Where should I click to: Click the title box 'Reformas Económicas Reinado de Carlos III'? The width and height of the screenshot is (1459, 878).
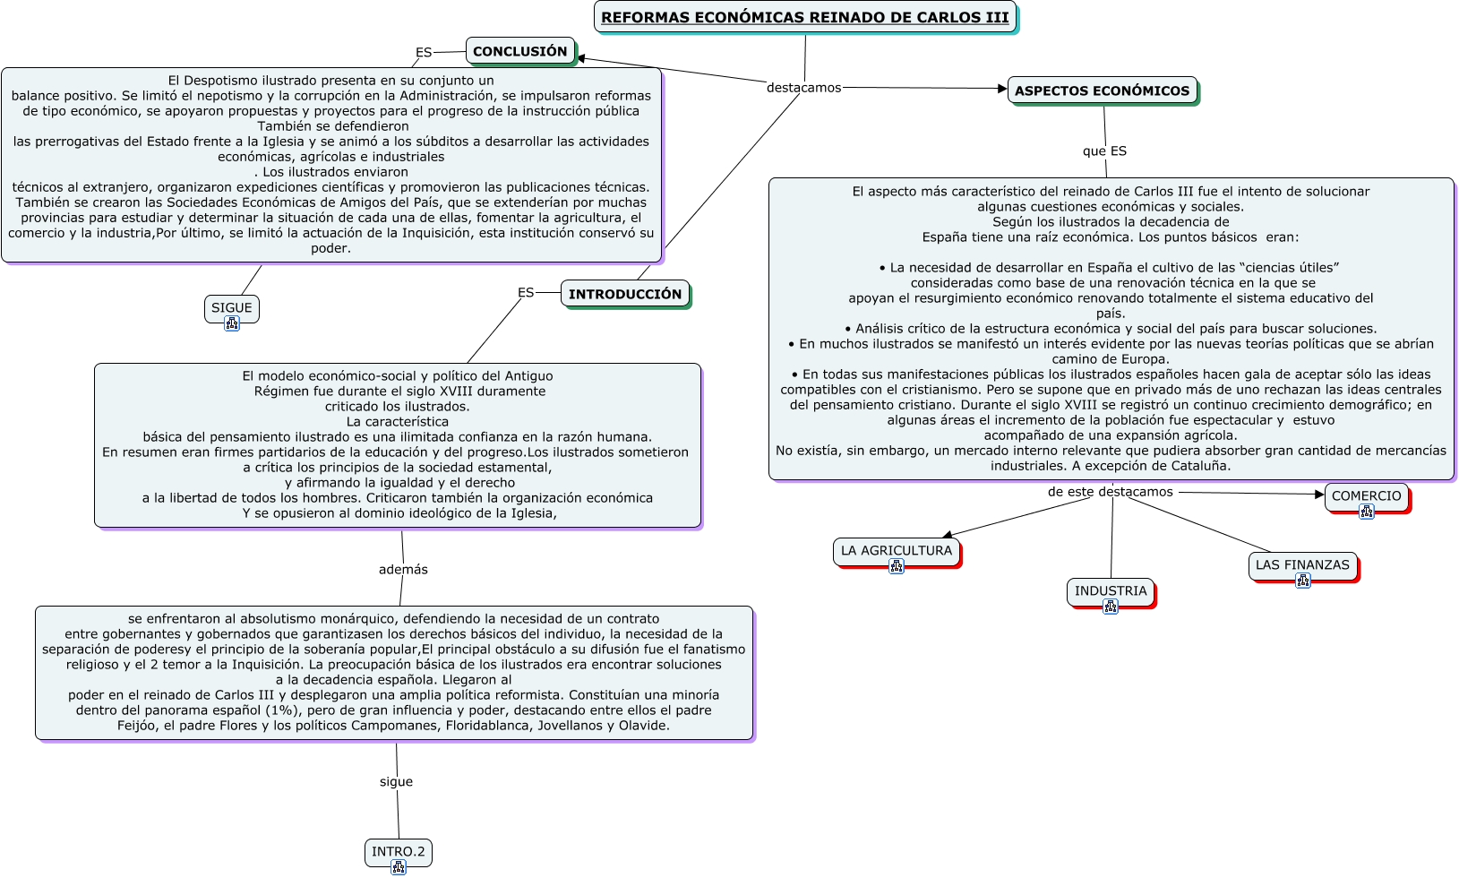point(804,17)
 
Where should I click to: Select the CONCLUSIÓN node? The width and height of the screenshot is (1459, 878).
point(519,51)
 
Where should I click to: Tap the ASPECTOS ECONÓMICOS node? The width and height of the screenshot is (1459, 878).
point(1102,90)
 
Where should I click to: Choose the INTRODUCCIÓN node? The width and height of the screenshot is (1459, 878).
point(624,294)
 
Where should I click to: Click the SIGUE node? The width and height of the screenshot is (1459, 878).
point(231,307)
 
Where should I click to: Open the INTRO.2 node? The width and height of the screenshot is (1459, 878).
point(398,851)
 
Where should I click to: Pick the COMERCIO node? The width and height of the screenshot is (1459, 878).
point(1366,495)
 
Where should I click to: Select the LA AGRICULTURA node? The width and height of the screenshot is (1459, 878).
point(896,550)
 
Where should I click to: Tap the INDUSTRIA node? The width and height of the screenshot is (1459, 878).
point(1110,590)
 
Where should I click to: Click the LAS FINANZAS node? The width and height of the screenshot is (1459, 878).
point(1301,564)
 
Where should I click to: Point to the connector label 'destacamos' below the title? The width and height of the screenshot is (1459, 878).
point(803,88)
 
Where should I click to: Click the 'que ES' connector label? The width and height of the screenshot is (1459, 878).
point(1104,151)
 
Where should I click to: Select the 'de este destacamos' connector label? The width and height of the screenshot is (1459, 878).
point(1110,492)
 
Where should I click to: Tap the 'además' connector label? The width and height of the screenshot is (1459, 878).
point(403,570)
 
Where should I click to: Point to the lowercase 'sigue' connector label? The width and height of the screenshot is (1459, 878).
point(396,782)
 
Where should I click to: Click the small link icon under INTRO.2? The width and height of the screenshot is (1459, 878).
point(399,867)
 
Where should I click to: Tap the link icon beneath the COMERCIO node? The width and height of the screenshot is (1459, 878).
point(1366,512)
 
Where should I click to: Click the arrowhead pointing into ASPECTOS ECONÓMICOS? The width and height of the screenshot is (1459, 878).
point(1002,89)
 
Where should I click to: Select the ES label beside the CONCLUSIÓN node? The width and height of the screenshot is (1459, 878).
point(424,53)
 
